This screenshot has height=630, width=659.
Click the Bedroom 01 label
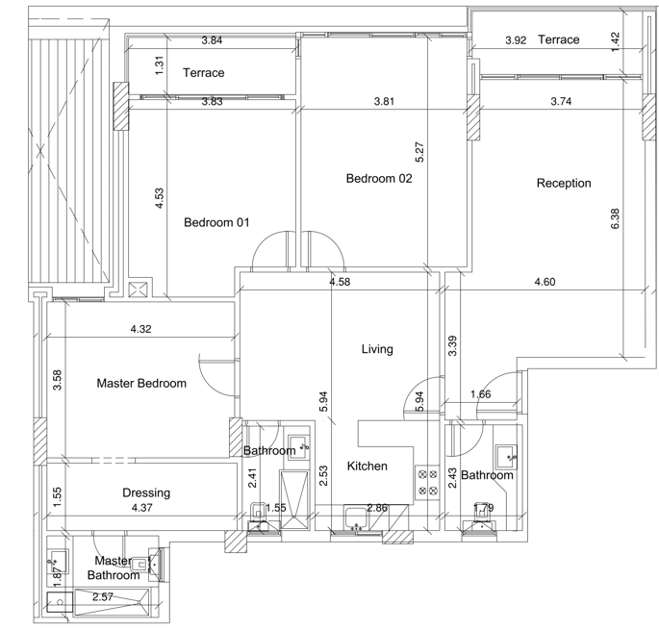(216, 222)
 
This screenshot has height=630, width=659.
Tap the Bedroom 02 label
(379, 179)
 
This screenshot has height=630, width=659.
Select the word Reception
(564, 184)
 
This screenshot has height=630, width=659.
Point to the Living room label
(377, 349)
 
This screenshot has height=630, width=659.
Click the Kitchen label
(367, 466)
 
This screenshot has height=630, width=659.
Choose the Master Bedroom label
(141, 384)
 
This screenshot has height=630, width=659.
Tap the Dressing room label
(146, 493)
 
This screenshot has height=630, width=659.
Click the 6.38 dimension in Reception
(615, 218)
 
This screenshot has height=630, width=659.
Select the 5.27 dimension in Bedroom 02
(419, 152)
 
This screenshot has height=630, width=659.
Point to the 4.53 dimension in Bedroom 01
(159, 198)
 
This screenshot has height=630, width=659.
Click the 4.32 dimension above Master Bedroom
(140, 329)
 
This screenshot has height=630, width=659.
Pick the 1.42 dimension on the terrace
(614, 42)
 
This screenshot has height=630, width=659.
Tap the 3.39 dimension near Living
(452, 346)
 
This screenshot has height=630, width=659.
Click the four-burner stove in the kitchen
(427, 483)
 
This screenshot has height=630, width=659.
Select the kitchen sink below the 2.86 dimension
(356, 518)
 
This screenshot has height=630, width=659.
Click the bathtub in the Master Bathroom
(112, 603)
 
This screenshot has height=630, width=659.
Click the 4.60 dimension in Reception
(545, 282)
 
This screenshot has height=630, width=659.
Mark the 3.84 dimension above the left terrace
(212, 40)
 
